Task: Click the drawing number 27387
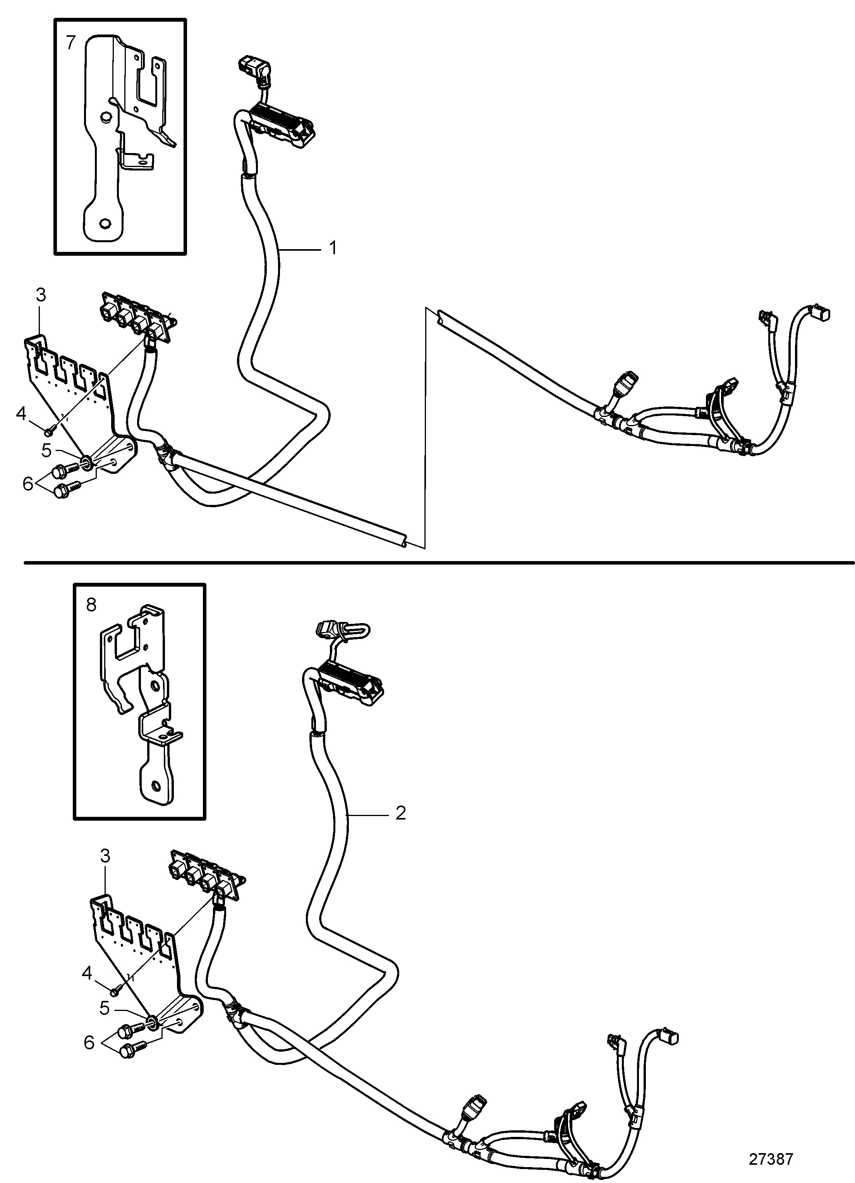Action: click(x=771, y=1159)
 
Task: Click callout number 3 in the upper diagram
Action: click(x=41, y=295)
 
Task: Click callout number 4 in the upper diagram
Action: click(x=21, y=414)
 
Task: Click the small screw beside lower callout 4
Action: click(x=116, y=988)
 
